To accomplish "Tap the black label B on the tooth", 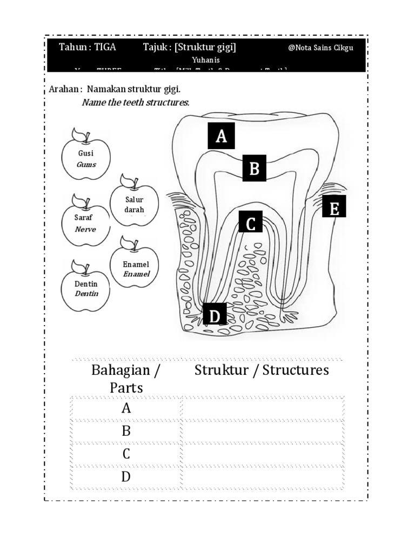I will point(254,168).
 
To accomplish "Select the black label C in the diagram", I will point(250,223).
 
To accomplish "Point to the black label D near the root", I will point(215,315).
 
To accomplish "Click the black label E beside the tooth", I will point(334,207).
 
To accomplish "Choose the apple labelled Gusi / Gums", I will point(86,158).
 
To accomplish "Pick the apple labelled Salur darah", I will point(135,204).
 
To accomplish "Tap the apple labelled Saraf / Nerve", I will point(85,223).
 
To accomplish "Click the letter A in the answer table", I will point(126,408).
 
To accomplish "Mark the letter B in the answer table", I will point(126,431).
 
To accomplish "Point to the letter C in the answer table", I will point(126,454).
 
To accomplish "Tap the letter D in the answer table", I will point(126,477).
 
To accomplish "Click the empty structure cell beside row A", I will point(262,408).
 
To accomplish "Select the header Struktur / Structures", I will point(262,370).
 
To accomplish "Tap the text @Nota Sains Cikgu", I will point(321,48).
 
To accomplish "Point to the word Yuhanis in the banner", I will point(206,60).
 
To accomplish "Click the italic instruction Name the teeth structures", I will point(136,102).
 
